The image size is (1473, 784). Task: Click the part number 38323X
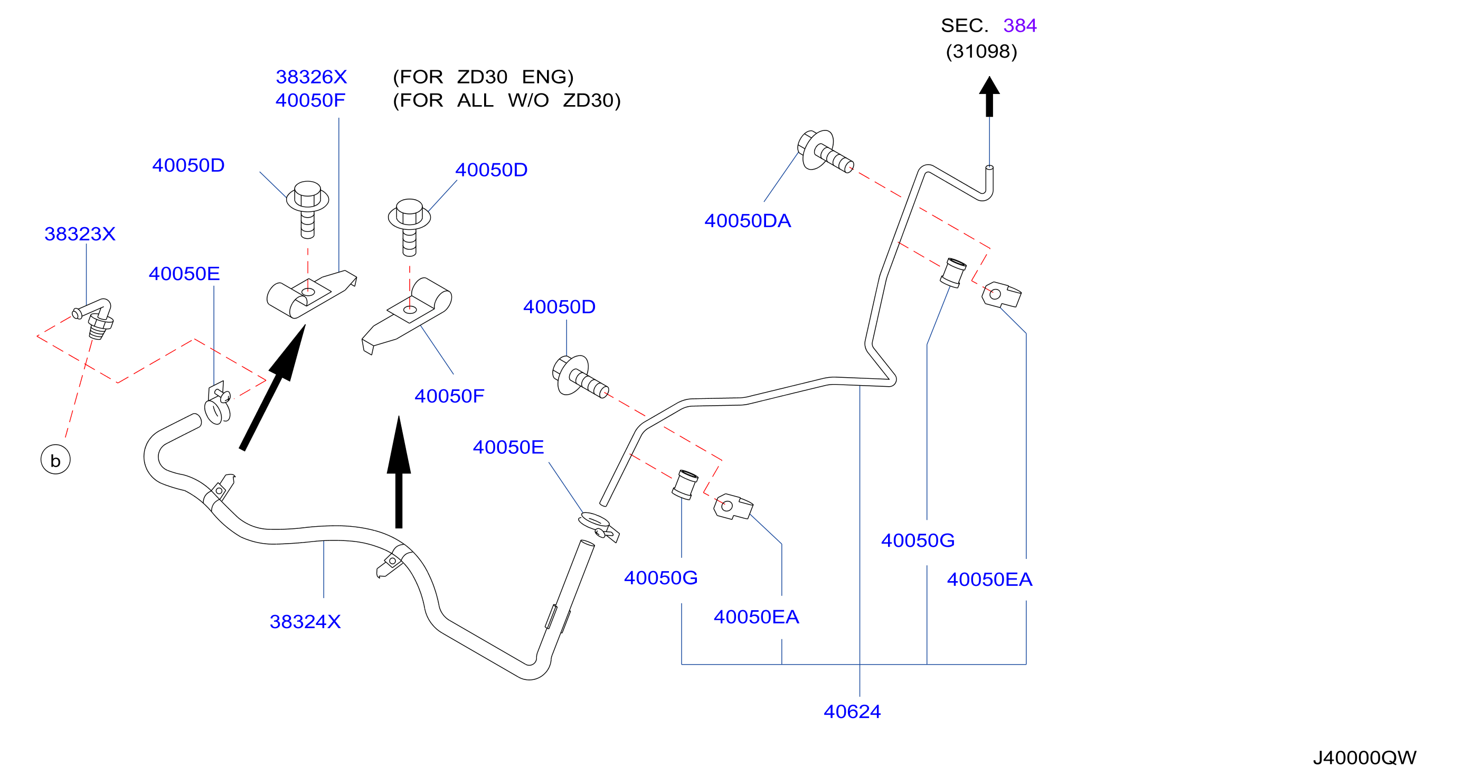pyautogui.click(x=80, y=234)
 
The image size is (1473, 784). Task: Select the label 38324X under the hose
pyautogui.click(x=305, y=622)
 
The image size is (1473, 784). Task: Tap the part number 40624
pyautogui.click(x=852, y=712)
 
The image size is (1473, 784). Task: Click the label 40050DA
pyautogui.click(x=748, y=221)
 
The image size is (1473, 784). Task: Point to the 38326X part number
pyautogui.click(x=311, y=77)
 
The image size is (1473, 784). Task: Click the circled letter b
pyautogui.click(x=55, y=460)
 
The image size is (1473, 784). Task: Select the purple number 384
pyautogui.click(x=1019, y=26)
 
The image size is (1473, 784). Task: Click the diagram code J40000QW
pyautogui.click(x=1364, y=758)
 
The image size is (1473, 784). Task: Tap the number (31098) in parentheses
pyautogui.click(x=981, y=51)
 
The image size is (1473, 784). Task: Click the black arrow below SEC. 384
pyautogui.click(x=989, y=97)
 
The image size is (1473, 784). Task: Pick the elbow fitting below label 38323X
pyautogui.click(x=95, y=318)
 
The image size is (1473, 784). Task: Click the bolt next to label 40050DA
pyautogui.click(x=825, y=151)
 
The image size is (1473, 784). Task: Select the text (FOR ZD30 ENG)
pyautogui.click(x=483, y=77)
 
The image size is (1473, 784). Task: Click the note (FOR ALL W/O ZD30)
pyautogui.click(x=506, y=101)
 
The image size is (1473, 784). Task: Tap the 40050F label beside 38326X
pyautogui.click(x=310, y=101)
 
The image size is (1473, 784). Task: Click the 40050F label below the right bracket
pyautogui.click(x=449, y=396)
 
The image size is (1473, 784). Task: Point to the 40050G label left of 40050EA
pyautogui.click(x=660, y=578)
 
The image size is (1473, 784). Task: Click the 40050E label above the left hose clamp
pyautogui.click(x=184, y=274)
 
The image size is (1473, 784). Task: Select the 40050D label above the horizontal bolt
pyautogui.click(x=559, y=307)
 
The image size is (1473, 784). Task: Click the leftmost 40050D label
pyautogui.click(x=188, y=165)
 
